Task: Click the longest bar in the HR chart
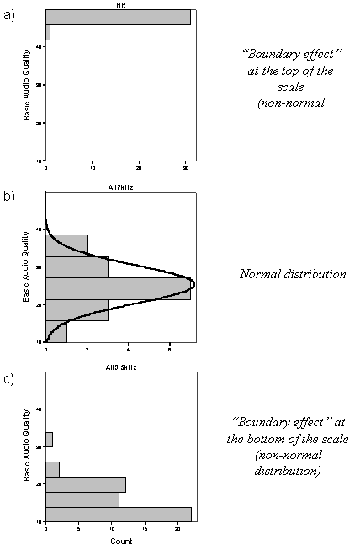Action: [118, 18]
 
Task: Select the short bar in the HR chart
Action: [48, 33]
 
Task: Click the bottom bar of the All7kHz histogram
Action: [56, 332]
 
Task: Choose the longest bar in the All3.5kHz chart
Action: [118, 514]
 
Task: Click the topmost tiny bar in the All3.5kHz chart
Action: [49, 440]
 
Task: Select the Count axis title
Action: [120, 541]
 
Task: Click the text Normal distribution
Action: [292, 274]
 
